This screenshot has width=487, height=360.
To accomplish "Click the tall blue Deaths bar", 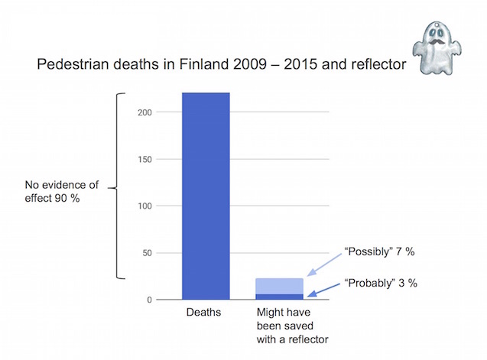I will point(206,195).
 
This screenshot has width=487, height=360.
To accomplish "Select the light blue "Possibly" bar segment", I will point(279,286).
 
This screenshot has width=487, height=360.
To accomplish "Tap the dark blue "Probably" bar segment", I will point(279,297).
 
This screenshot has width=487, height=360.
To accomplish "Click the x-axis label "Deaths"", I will point(206,313).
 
